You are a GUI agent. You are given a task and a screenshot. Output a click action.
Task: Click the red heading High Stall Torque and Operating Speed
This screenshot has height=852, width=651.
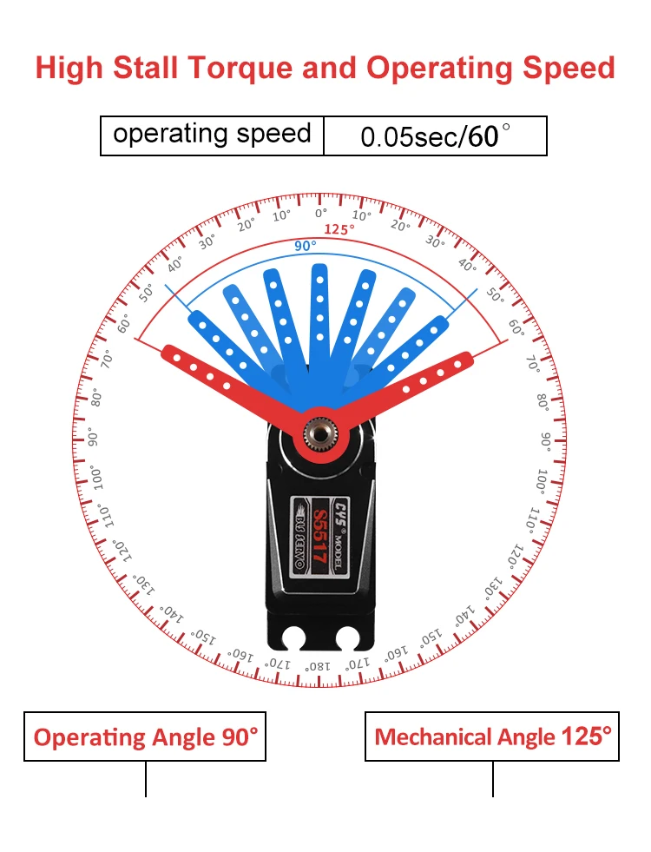(325, 68)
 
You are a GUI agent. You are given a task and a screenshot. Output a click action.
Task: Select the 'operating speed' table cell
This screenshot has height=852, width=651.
(212, 135)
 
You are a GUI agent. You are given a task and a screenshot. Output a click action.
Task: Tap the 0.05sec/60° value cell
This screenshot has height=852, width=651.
(435, 135)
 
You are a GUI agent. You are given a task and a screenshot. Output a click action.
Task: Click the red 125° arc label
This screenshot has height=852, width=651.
(339, 229)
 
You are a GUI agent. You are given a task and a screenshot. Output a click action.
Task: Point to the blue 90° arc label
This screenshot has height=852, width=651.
(305, 246)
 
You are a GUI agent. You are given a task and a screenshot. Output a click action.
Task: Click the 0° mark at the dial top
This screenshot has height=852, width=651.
(320, 212)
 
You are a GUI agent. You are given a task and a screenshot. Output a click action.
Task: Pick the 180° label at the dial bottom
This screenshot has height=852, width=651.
(318, 666)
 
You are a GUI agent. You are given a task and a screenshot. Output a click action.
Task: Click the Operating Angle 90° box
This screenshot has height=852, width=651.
(145, 737)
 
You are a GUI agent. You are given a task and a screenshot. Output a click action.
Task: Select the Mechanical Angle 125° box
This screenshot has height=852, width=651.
(492, 737)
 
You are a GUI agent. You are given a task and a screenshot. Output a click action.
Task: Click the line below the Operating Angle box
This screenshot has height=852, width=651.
(146, 779)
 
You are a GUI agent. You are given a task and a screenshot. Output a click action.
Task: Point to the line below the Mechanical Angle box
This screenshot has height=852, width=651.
(493, 779)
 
